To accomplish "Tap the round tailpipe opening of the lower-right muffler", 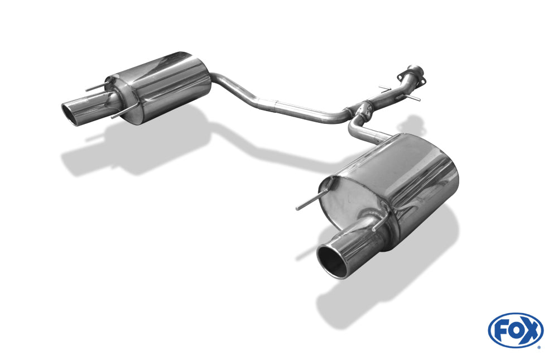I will (333, 260).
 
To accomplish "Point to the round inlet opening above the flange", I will (413, 69).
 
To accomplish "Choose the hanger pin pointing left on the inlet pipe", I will (383, 88).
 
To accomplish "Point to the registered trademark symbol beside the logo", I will (539, 347).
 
